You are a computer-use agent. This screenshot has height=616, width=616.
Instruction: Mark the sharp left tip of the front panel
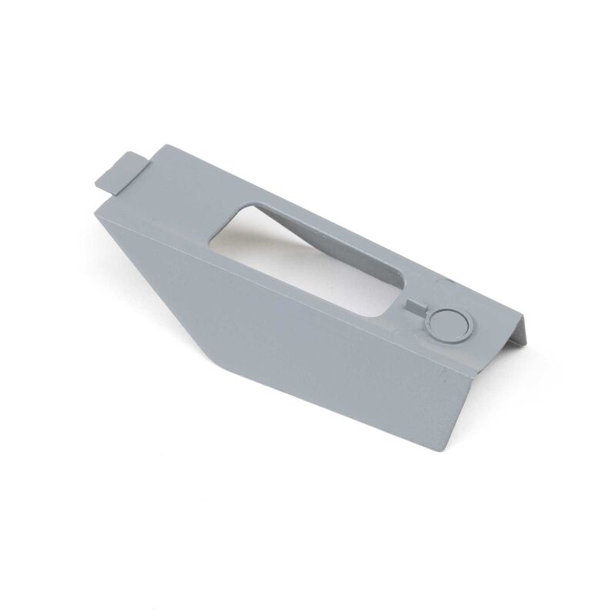[95, 213]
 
